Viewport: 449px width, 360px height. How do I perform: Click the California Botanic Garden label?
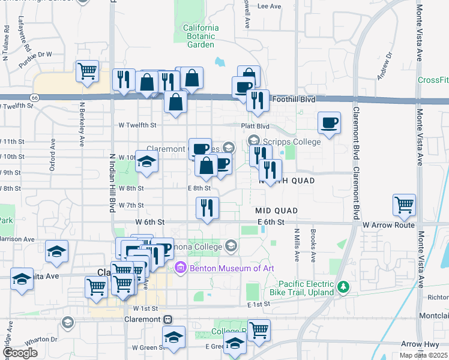coord(200,36)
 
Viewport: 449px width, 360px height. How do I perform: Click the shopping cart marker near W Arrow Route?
coord(405,205)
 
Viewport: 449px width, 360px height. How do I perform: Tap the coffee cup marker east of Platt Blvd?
coord(329,123)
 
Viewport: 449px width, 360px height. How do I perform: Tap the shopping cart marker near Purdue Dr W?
coord(88,71)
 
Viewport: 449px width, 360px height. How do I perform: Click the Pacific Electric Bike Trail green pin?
coord(343,287)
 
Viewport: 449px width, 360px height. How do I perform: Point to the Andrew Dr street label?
coord(384,67)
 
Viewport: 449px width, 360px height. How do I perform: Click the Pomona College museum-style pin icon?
coord(231,245)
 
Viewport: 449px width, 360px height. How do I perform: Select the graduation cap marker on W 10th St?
coord(146,162)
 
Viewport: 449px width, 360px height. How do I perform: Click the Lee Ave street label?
coord(269,7)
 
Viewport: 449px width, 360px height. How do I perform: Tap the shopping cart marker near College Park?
coord(259,329)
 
